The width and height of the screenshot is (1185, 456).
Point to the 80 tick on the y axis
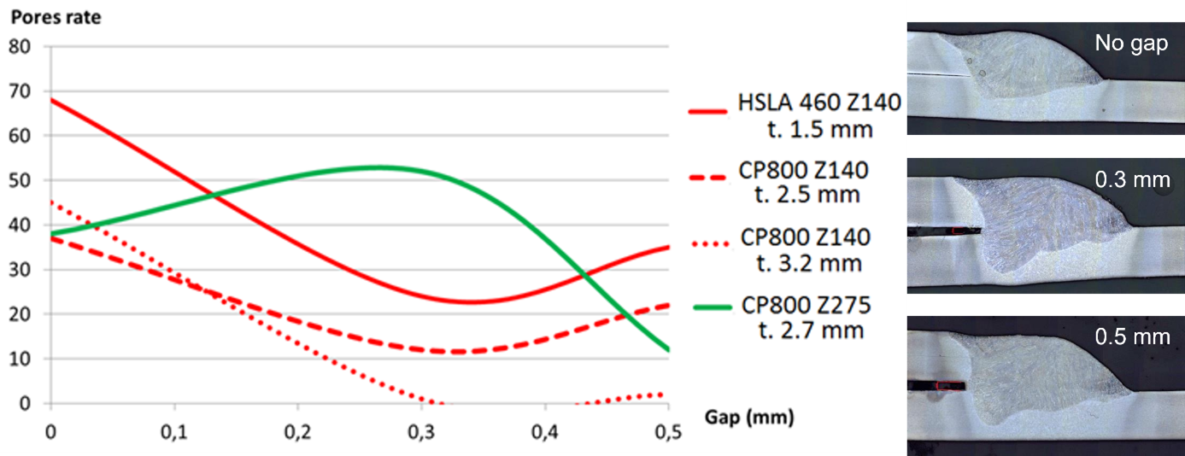tap(20, 46)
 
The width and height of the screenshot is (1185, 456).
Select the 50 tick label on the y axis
tap(20, 180)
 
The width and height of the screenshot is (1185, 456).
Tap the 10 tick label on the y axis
tap(20, 359)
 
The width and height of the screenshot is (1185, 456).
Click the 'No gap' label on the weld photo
tap(1130, 44)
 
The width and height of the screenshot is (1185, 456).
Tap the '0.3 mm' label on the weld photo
tap(1132, 180)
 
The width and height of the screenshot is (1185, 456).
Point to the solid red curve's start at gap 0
tap(52, 100)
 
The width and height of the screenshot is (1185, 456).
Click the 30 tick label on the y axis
tap(20, 270)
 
